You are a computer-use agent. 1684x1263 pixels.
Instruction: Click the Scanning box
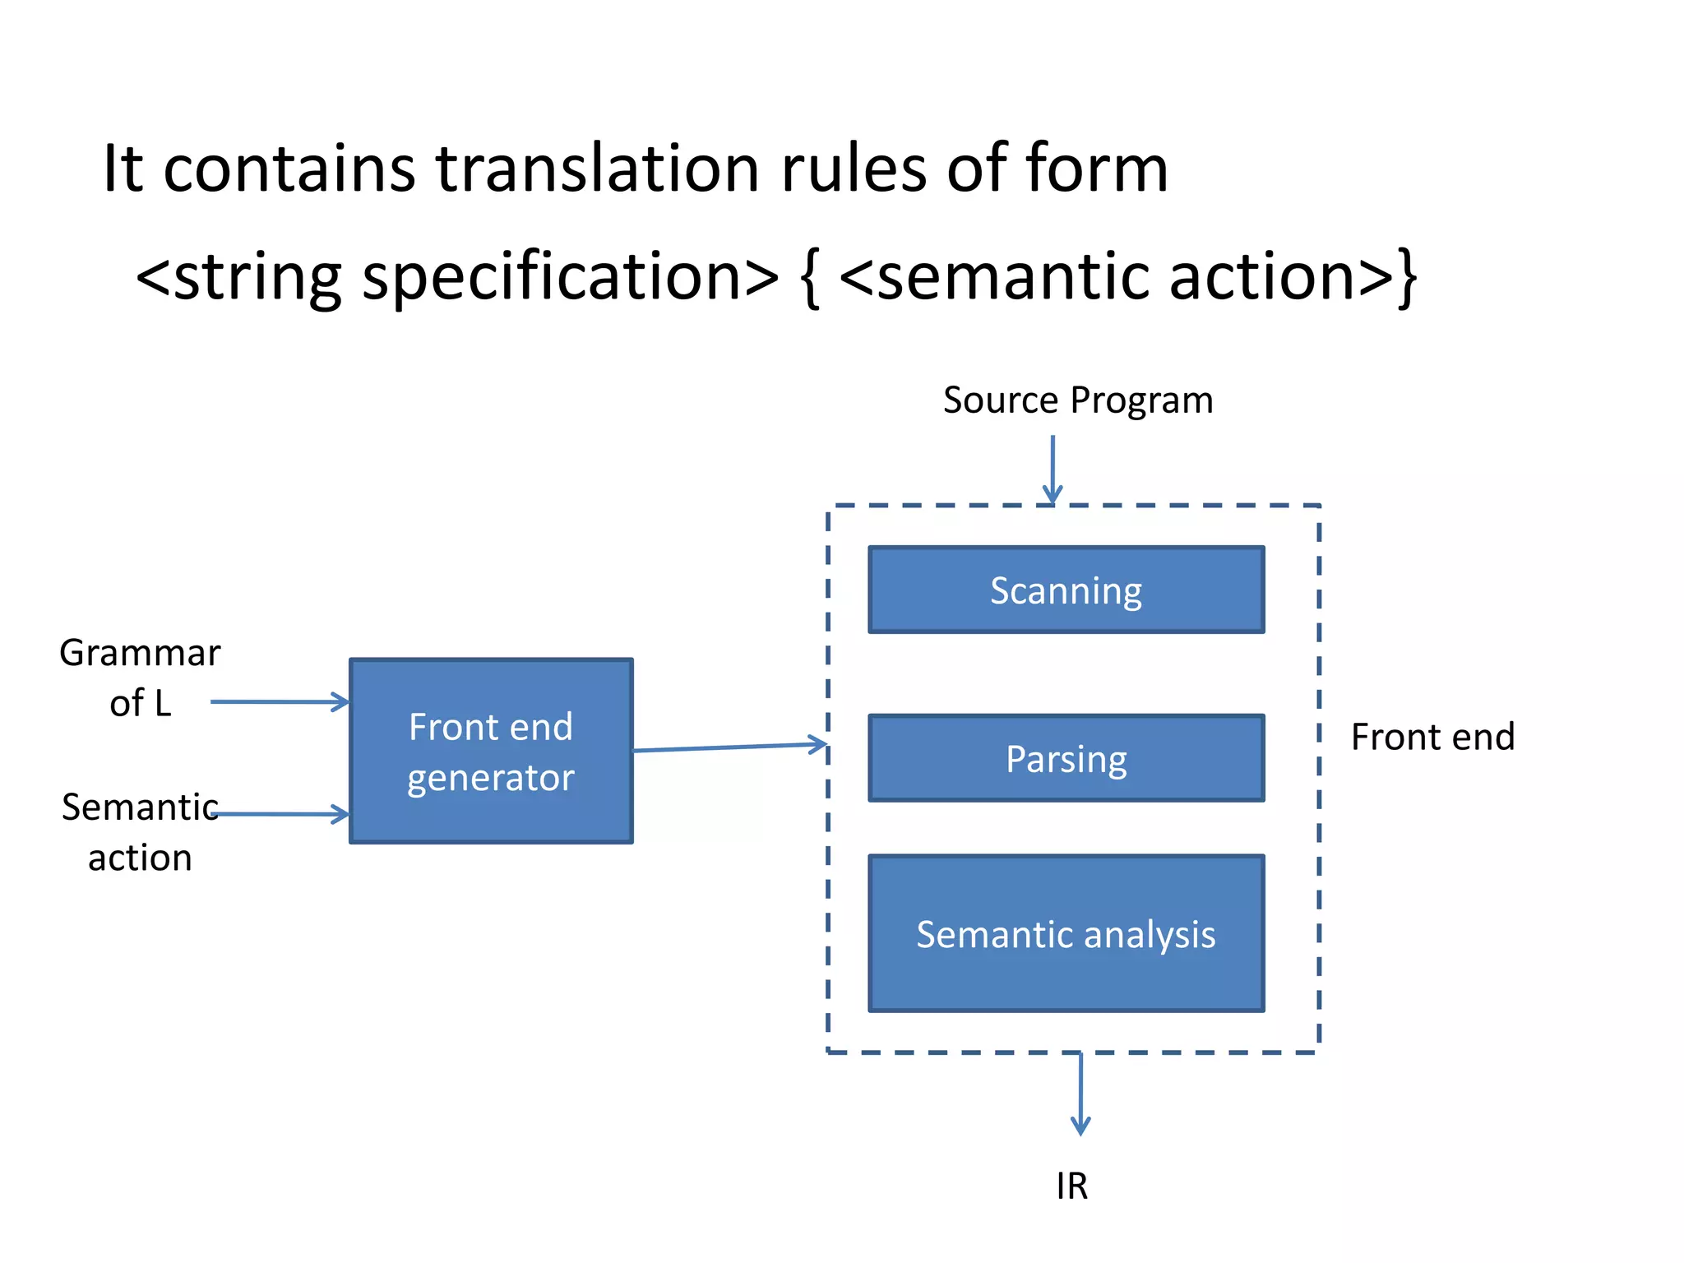(x=1066, y=590)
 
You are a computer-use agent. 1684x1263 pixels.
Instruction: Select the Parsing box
(x=1066, y=758)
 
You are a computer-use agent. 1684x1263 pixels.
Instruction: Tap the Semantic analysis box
(x=1066, y=933)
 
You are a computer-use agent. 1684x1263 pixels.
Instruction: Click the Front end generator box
(x=491, y=751)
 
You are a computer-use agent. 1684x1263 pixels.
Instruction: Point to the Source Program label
(x=1077, y=400)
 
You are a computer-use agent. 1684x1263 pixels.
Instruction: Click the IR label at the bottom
(x=1071, y=1187)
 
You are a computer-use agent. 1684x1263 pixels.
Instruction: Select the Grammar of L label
(x=140, y=678)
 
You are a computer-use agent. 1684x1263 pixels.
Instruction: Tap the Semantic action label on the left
(x=140, y=832)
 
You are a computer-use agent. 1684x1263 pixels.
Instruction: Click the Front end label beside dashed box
(x=1432, y=737)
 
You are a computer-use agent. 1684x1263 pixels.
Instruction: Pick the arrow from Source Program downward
(x=1052, y=469)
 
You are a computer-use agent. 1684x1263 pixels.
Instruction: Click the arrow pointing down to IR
(x=1080, y=1094)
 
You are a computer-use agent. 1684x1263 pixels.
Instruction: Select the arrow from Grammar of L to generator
(x=280, y=701)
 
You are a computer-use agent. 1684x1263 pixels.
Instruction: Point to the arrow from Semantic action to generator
(x=280, y=814)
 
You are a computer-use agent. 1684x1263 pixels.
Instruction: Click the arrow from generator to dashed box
(x=729, y=747)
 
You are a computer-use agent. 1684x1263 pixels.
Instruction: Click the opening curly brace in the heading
(x=809, y=277)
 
